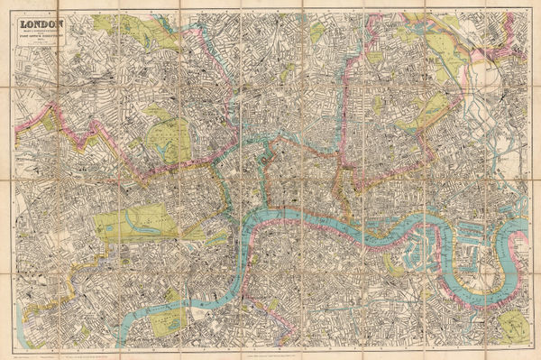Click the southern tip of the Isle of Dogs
(x=477, y=300)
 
